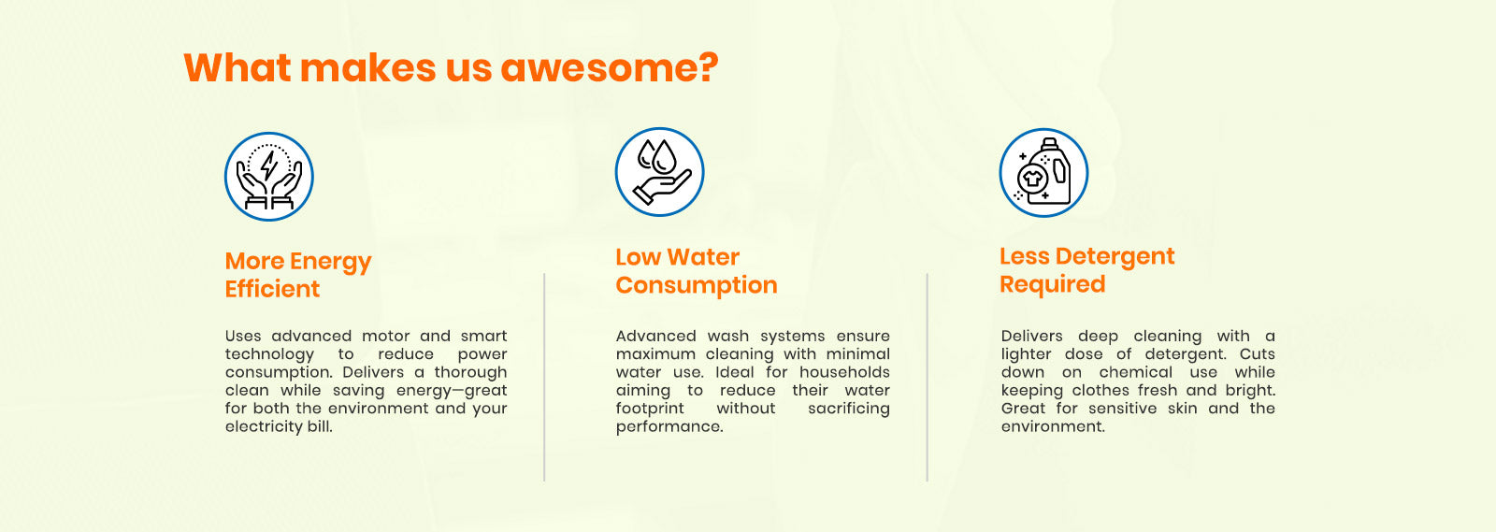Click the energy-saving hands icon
[x=269, y=177]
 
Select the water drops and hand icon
[x=660, y=172]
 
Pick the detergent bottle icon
[x=1043, y=173]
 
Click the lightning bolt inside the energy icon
[x=269, y=165]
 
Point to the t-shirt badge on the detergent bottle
[x=1032, y=178]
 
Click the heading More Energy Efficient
[x=298, y=275]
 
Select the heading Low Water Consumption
[x=697, y=271]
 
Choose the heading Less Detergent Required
[x=1086, y=270]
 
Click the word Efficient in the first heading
[x=272, y=289]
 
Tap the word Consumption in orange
[x=697, y=285]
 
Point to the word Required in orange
[x=1053, y=284]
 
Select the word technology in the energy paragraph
[x=269, y=354]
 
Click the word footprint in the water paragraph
[x=650, y=409]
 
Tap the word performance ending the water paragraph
[x=669, y=427]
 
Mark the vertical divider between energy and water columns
[x=544, y=377]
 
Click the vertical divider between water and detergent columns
[x=927, y=377]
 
